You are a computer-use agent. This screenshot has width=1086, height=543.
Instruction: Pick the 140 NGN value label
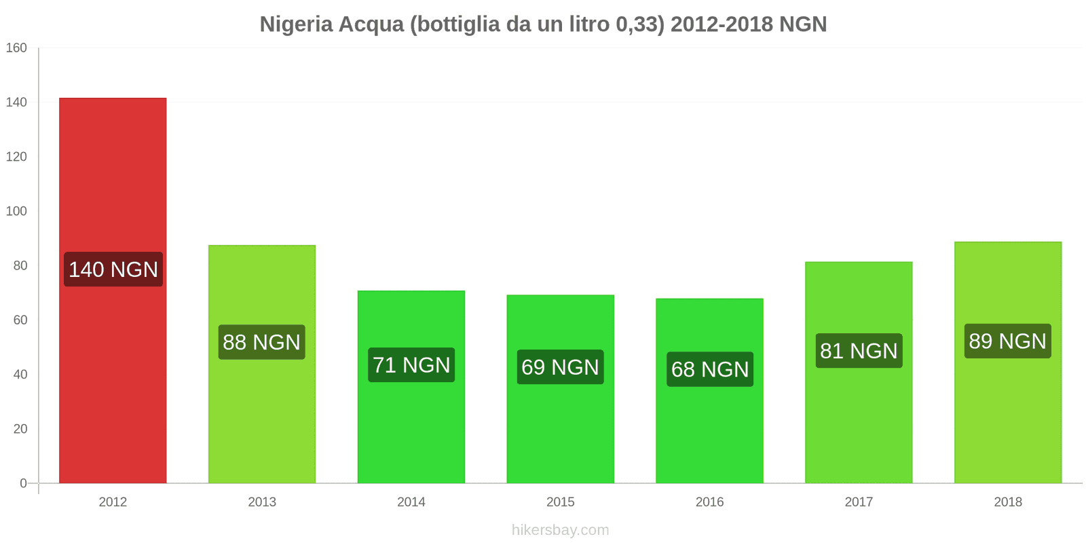coord(113,269)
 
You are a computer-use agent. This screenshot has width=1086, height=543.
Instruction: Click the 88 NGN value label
coord(262,342)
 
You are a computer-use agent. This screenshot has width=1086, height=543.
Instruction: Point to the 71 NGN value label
coord(411,365)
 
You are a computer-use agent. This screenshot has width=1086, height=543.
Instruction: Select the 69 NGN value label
coord(560,367)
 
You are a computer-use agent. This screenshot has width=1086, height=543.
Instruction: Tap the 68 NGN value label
coord(710,369)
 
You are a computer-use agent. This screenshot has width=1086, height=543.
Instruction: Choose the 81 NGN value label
coord(859,351)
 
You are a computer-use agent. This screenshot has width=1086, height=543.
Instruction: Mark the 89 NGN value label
coord(1007,341)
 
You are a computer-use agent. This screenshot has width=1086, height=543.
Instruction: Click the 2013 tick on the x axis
coord(262,502)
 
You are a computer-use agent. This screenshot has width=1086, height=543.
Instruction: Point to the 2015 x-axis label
coord(560,502)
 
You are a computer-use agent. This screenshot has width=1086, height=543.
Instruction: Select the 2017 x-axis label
coord(859,502)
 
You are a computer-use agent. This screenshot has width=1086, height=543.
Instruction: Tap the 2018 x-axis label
coord(1008,502)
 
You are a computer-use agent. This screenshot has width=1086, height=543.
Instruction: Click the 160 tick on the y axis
coord(16,48)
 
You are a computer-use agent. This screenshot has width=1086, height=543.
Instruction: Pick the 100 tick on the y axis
coord(16,211)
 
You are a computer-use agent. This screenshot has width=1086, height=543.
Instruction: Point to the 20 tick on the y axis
coord(20,429)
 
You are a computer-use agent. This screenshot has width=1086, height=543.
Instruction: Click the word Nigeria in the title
coord(296,24)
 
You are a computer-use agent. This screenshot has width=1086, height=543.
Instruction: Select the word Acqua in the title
coord(371,24)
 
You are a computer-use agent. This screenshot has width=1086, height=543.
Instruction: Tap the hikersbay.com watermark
coord(560,530)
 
